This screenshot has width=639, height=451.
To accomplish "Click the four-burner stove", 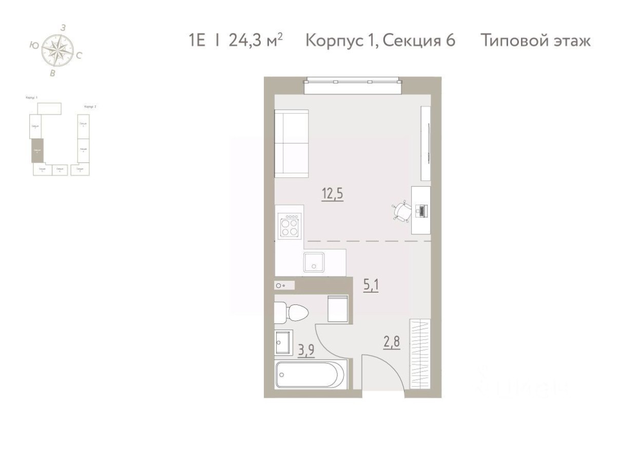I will [x=289, y=224].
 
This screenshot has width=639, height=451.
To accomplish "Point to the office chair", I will [x=401, y=211].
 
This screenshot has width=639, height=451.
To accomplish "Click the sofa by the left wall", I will [x=291, y=143].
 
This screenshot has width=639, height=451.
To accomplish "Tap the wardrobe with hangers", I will [x=420, y=354].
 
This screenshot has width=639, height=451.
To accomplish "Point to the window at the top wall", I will [x=352, y=85].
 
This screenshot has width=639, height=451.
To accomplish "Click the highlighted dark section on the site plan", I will [x=37, y=150].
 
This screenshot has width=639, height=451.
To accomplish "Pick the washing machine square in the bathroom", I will [x=338, y=309].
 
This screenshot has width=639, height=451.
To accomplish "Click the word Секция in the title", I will [x=411, y=40].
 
